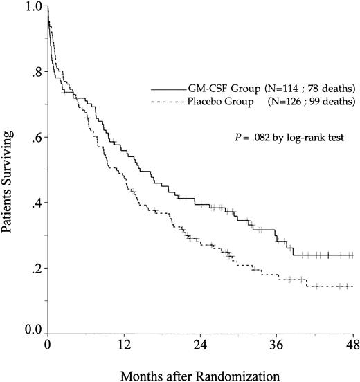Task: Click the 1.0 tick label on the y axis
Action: pos(32,8)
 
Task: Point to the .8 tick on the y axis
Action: pos(35,72)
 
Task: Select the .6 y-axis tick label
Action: pos(35,138)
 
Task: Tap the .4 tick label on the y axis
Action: pos(35,203)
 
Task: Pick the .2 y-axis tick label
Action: pos(35,268)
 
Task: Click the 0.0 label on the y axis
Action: pos(32,333)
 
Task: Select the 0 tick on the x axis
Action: pos(47,344)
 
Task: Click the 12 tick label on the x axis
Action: pos(124,344)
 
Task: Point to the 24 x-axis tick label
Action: pos(200,344)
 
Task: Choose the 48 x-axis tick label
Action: pos(352,344)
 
